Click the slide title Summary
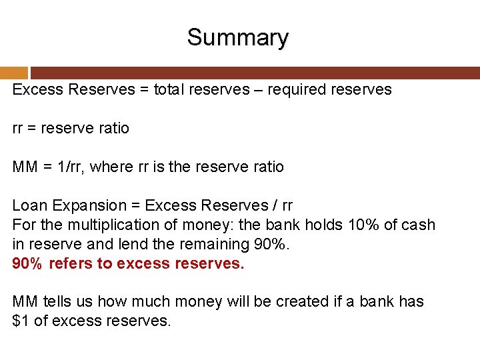[x=237, y=37]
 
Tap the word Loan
[x=29, y=206]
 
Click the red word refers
[x=71, y=264]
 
